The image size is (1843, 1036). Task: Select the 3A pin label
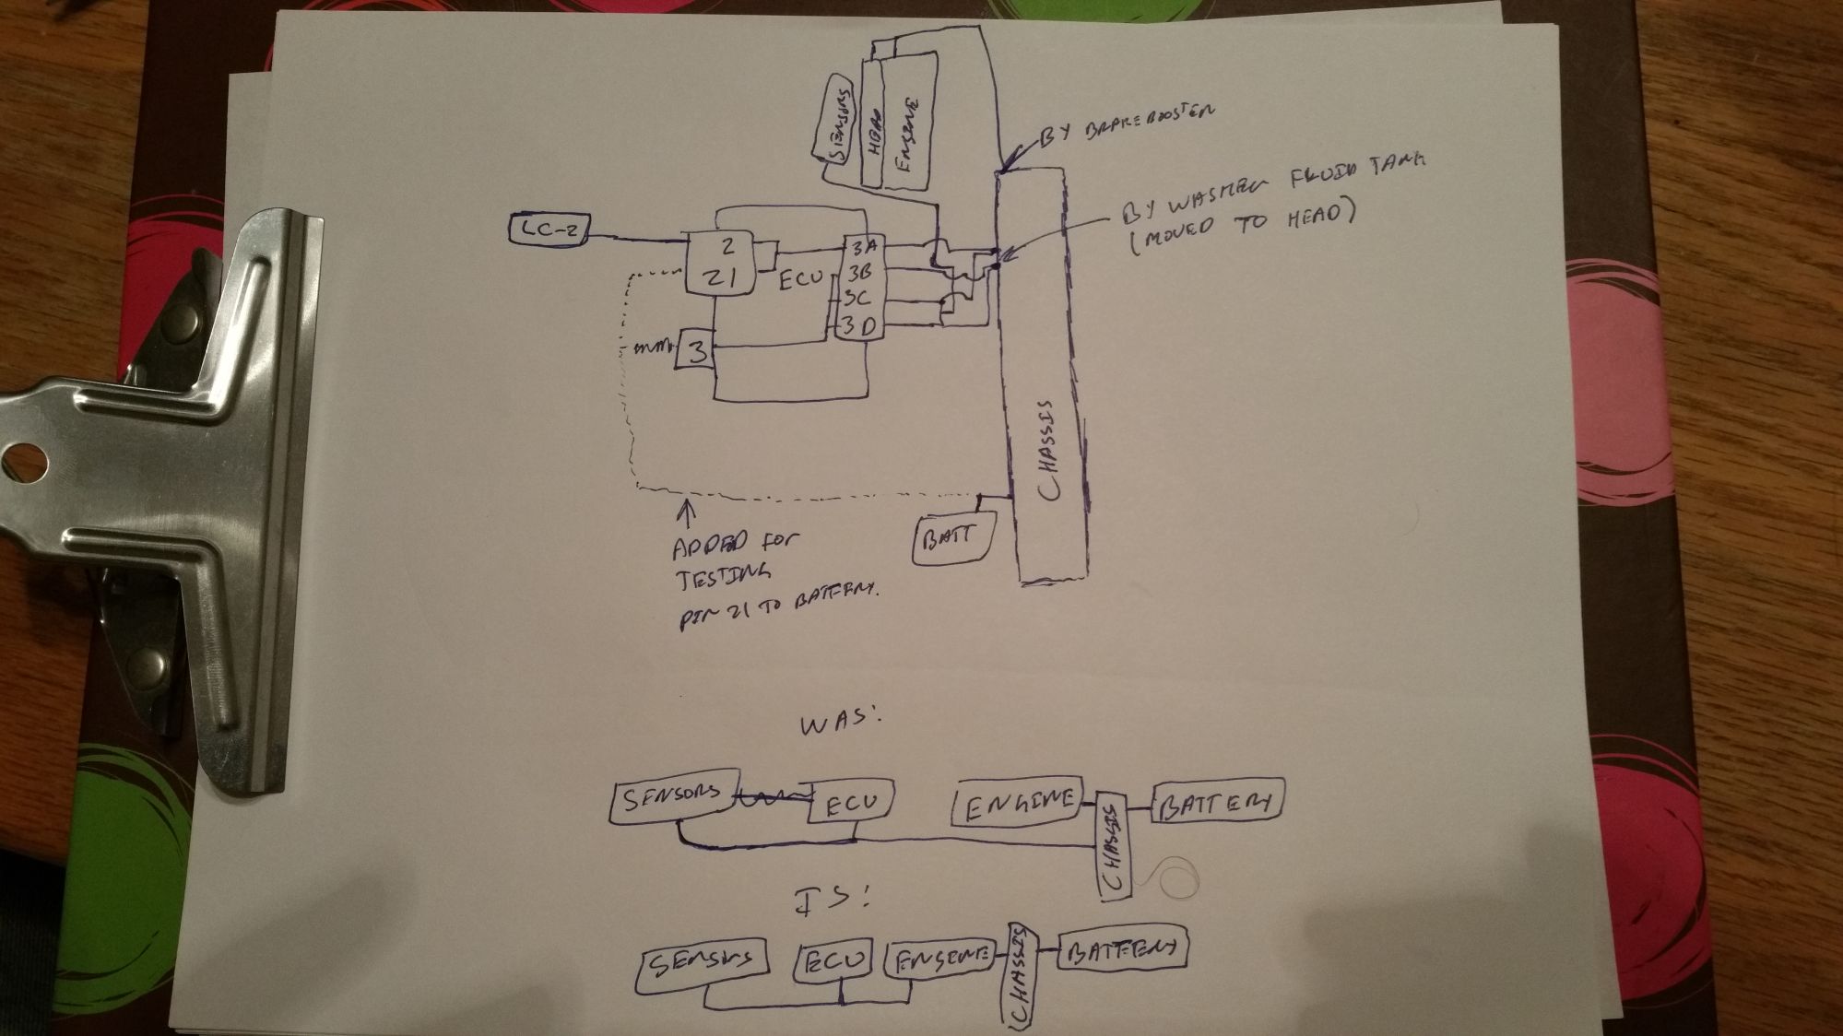coord(867,247)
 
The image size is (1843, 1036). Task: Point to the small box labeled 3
coord(697,350)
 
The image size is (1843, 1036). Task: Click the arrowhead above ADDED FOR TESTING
coord(686,505)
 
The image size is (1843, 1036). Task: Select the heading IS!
coord(832,897)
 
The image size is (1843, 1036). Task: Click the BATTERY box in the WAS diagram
coord(1218,802)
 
